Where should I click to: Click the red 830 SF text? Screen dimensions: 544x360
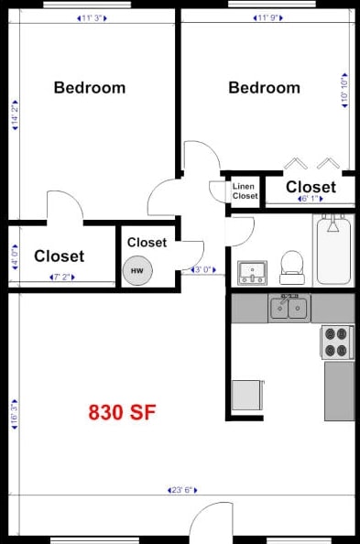[122, 412]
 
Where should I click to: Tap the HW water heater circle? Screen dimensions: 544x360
[137, 270]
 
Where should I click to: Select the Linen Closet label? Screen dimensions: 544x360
[245, 191]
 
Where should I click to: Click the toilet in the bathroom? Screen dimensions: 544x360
[292, 264]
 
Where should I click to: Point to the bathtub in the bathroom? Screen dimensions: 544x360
[334, 251]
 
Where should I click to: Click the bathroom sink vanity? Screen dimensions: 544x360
[251, 272]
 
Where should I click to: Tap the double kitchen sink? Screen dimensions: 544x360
[289, 309]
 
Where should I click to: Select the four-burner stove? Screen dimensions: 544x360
[337, 342]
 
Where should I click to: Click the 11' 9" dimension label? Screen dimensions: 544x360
[266, 16]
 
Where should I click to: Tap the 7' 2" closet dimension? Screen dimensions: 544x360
[62, 276]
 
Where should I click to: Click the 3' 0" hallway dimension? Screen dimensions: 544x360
[202, 270]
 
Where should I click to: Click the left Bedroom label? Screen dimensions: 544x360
[89, 88]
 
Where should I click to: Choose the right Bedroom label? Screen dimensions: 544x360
[264, 88]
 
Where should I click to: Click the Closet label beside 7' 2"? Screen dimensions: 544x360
[59, 256]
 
